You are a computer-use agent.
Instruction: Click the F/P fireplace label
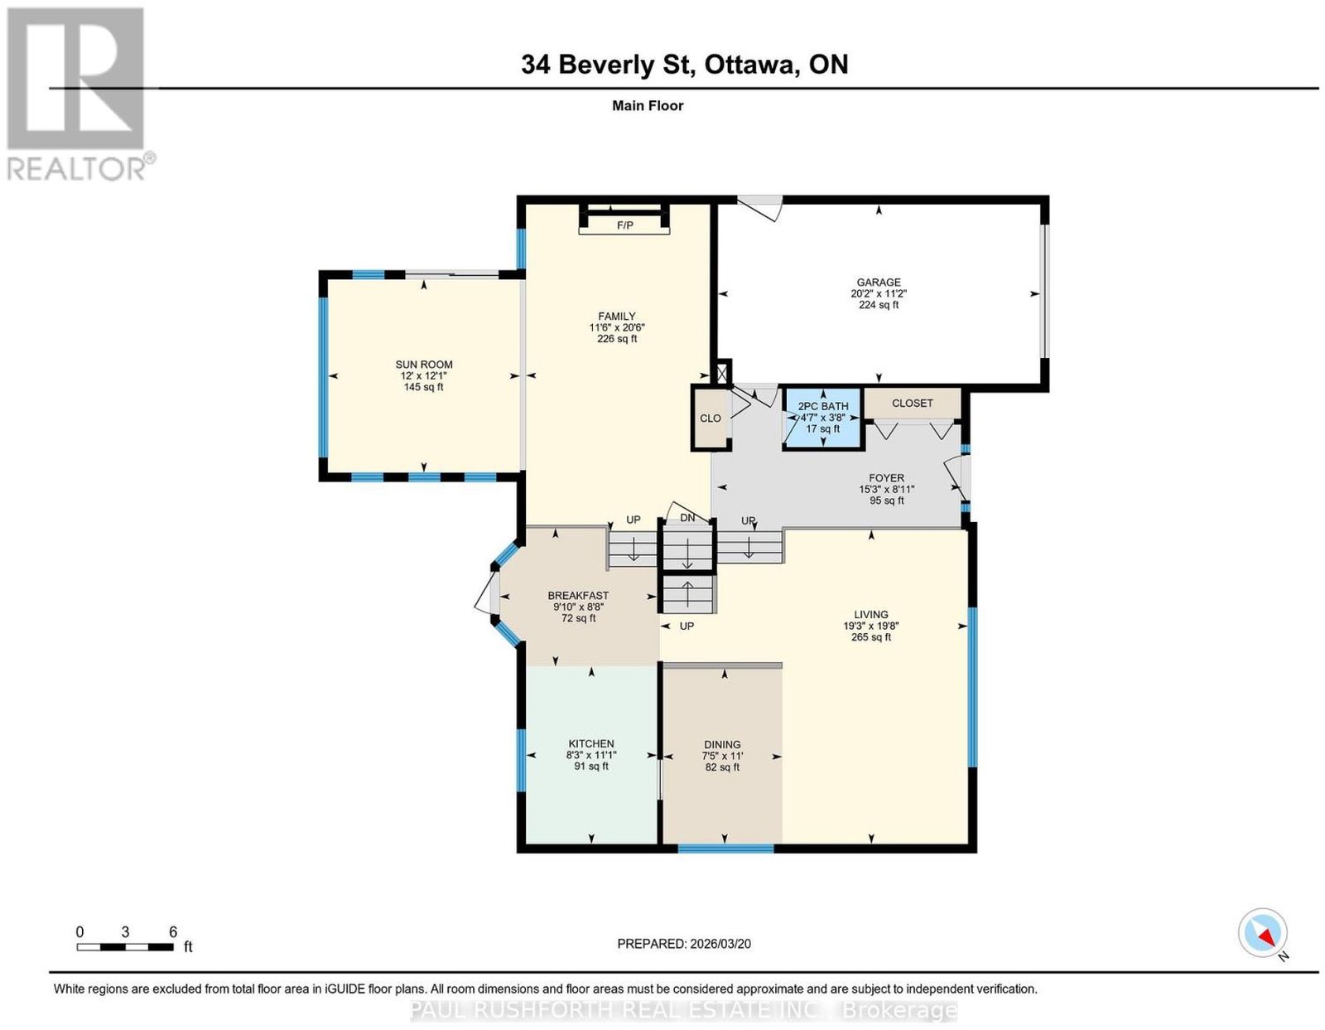624,225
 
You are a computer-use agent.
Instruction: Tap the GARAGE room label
878,283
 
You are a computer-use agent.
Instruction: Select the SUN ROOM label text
424,365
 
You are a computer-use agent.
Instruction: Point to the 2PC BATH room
822,418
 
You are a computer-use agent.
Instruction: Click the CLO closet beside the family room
711,418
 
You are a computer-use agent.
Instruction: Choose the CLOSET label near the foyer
913,403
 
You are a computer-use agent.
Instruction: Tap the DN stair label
687,519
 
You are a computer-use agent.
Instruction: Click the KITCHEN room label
590,743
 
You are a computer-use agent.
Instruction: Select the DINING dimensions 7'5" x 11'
722,756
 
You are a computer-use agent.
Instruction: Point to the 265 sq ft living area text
870,637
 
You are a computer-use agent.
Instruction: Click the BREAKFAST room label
578,595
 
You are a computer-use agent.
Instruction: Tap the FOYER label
887,478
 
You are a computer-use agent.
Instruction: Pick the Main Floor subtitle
648,105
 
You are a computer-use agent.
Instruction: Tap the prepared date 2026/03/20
720,944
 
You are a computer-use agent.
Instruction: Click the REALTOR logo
78,94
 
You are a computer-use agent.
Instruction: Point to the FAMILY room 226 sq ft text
617,338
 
